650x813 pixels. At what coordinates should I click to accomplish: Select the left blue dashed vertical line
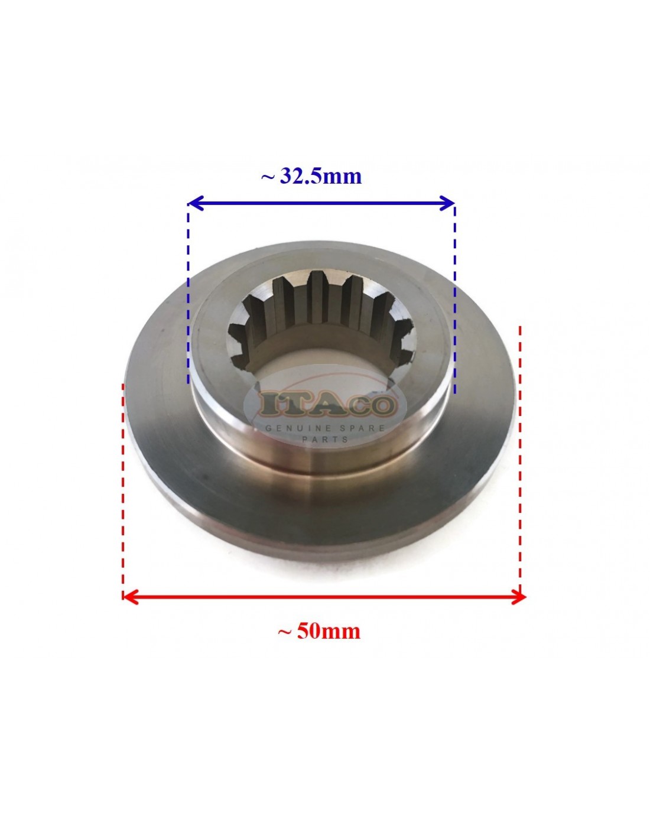coord(188,295)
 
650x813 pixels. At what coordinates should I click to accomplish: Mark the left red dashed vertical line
coord(123,484)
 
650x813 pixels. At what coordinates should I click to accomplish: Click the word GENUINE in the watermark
coord(294,428)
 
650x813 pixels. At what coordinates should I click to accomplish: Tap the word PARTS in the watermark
coord(325,440)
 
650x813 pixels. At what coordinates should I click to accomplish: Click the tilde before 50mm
coord(284,632)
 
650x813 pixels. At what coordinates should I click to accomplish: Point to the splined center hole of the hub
coord(322,331)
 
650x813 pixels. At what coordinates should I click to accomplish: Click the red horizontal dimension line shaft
coord(324,597)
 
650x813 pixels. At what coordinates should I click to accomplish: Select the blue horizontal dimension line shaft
coord(321,204)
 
